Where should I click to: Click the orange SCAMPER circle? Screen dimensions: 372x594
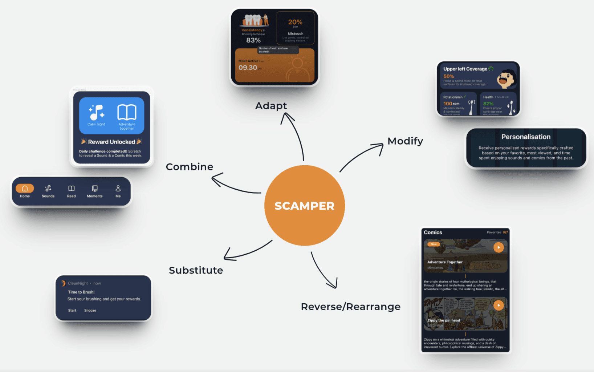tap(304, 206)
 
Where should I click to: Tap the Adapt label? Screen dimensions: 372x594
tap(271, 106)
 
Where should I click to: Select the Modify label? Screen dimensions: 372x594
tap(405, 141)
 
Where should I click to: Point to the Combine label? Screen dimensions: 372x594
tap(190, 167)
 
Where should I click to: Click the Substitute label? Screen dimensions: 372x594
tap(196, 270)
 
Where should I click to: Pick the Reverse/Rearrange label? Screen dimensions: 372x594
tap(350, 307)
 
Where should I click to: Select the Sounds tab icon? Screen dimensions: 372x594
tap(48, 189)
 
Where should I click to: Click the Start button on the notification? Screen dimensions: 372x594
tap(72, 311)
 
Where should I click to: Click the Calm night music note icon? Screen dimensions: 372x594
tap(96, 113)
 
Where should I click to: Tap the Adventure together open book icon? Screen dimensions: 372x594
tap(127, 112)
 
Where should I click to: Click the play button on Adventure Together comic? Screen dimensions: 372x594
tap(499, 247)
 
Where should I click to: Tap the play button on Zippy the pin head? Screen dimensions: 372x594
tap(499, 305)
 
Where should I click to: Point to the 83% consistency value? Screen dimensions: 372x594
tap(253, 40)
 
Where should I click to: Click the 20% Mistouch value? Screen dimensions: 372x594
tap(295, 22)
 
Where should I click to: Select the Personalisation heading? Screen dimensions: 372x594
tap(526, 137)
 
